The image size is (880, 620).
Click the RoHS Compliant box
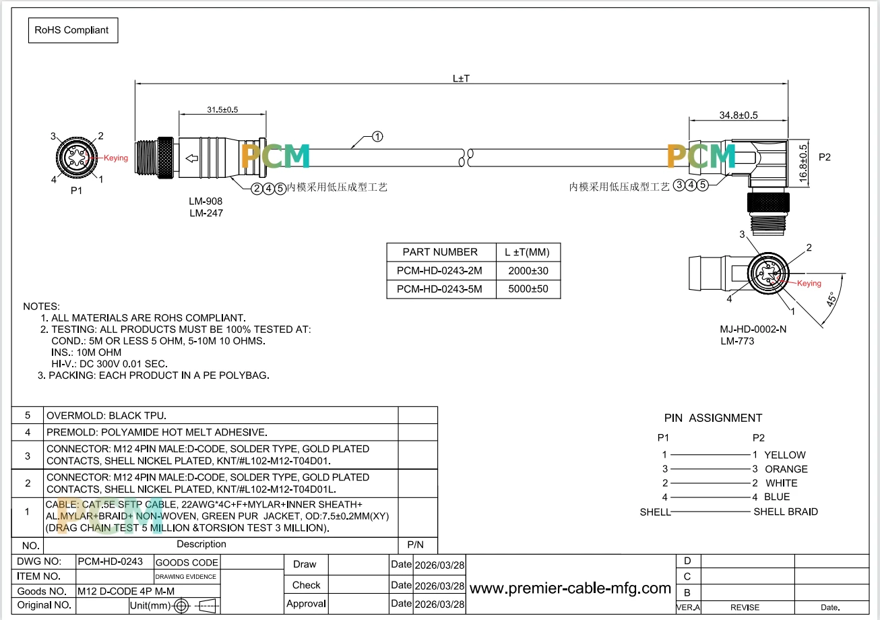click(73, 30)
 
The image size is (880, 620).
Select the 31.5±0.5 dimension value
click(222, 110)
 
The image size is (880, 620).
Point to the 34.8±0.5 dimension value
click(738, 115)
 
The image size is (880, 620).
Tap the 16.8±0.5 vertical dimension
click(803, 164)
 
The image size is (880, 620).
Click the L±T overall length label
click(461, 79)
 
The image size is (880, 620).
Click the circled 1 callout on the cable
click(377, 137)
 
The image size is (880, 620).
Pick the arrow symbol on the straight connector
click(192, 158)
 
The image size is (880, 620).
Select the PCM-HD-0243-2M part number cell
click(439, 271)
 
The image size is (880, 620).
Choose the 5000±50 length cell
click(528, 289)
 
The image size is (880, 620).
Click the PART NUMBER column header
click(440, 252)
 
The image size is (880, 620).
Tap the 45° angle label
click(831, 299)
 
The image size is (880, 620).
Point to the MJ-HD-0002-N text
click(753, 330)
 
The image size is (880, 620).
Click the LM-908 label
click(206, 201)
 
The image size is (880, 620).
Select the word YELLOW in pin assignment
click(785, 455)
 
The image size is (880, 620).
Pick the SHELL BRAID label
click(786, 511)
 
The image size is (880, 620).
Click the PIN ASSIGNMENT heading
click(713, 418)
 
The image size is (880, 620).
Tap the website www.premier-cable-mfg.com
click(570, 588)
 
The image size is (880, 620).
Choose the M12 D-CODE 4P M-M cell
click(126, 591)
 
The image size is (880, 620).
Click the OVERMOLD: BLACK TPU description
click(106, 416)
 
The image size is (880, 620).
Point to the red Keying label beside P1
click(115, 158)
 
